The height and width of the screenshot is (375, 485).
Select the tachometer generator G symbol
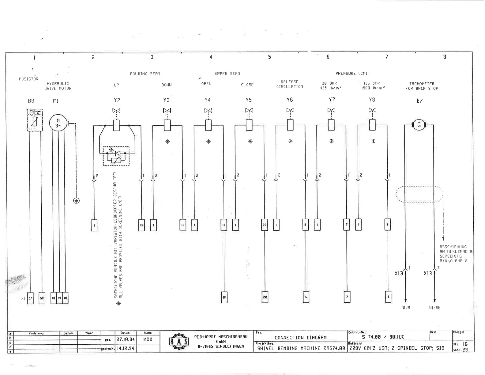pyautogui.click(x=419, y=125)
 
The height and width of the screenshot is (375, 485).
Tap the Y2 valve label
pyautogui.click(x=117, y=100)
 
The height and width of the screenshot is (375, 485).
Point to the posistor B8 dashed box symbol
pyautogui.click(x=35, y=120)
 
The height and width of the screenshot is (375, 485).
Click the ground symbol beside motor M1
pyautogui.click(x=76, y=201)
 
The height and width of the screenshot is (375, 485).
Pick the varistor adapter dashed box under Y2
pyautogui.click(x=116, y=156)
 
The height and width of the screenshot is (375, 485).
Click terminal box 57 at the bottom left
pyautogui.click(x=30, y=298)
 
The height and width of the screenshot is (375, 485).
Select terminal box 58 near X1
pyautogui.click(x=42, y=298)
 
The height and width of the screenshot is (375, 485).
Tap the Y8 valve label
pyautogui.click(x=372, y=100)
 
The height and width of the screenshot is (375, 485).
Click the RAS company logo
pyautogui.click(x=179, y=342)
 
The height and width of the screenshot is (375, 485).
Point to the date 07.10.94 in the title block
pyautogui.click(x=126, y=339)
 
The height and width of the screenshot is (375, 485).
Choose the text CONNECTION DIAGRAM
pyautogui.click(x=300, y=337)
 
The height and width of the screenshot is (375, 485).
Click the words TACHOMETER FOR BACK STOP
pyautogui.click(x=422, y=86)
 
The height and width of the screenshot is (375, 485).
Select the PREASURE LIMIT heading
pyautogui.click(x=352, y=74)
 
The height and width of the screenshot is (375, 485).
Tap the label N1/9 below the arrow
pyautogui.click(x=406, y=308)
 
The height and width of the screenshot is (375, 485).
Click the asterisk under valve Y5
pyautogui.click(x=250, y=142)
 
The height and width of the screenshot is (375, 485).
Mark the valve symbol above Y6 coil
pyautogui.click(x=290, y=110)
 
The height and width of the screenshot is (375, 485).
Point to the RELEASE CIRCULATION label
pyautogui.click(x=290, y=84)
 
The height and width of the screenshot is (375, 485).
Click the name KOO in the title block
pyautogui.click(x=148, y=339)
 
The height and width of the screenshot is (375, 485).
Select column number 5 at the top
pyautogui.click(x=269, y=57)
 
